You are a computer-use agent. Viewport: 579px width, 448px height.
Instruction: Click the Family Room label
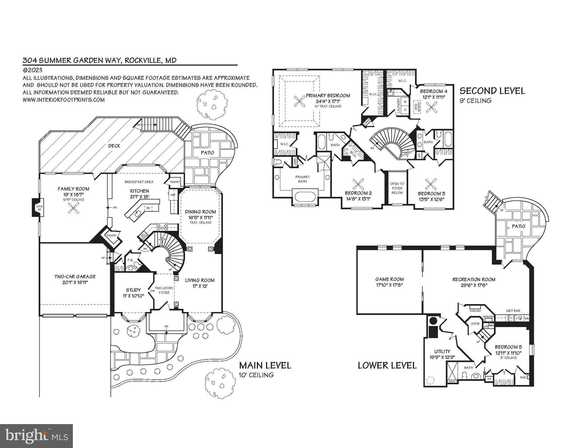73,189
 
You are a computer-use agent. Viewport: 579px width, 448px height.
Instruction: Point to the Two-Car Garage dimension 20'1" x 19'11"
75,282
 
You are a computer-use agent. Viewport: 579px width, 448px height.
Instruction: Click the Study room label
133,290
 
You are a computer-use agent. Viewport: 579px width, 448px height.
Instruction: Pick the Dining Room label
200,212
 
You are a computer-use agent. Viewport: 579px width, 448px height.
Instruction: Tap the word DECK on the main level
114,146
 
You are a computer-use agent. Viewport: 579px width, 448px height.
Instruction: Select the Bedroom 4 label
433,91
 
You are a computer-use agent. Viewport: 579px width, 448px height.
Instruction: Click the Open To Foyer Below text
397,188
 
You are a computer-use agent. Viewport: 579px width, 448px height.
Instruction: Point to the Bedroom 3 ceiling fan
430,184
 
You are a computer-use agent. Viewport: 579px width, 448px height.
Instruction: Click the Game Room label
389,279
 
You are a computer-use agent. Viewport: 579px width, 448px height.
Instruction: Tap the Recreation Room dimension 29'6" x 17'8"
474,285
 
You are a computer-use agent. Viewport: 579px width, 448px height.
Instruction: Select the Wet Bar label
513,311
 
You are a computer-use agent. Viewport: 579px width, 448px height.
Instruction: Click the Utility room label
442,351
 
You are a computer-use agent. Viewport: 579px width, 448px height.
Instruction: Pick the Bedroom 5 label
508,347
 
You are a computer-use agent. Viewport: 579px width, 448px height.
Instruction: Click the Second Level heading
492,91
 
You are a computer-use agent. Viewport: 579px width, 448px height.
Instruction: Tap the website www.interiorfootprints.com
64,100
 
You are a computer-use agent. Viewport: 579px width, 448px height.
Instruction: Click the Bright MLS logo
36,436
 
